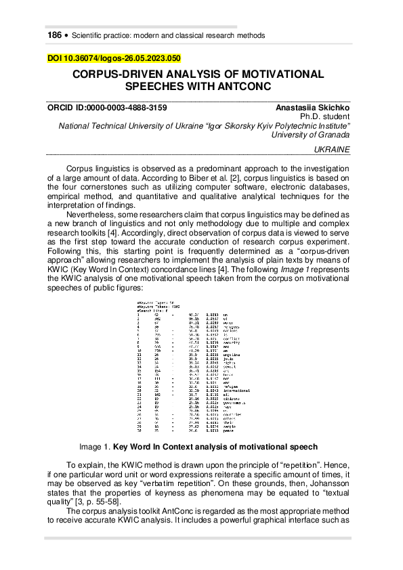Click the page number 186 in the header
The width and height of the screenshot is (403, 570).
(54, 35)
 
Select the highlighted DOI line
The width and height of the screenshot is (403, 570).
(114, 59)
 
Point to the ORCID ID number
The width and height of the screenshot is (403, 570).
(131, 108)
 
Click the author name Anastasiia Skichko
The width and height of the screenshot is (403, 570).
(312, 108)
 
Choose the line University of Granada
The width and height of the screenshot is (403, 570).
(310, 135)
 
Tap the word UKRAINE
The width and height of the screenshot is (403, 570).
(333, 149)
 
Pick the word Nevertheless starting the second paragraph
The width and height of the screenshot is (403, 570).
(92, 214)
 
